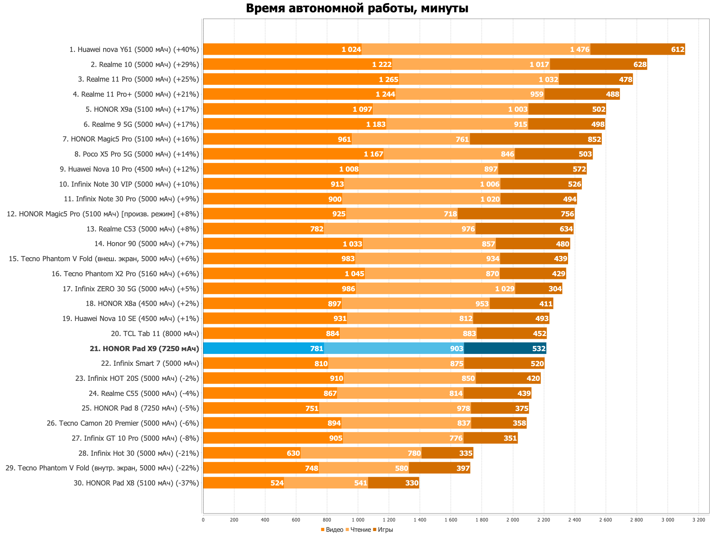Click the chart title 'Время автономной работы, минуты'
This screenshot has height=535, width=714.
click(357, 8)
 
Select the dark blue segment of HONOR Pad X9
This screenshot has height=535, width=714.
click(505, 348)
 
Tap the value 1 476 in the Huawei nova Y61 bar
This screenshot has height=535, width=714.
click(580, 50)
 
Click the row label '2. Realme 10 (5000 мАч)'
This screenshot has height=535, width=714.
click(145, 65)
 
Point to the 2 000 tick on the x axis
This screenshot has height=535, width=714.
click(512, 520)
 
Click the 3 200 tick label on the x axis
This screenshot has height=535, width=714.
click(699, 520)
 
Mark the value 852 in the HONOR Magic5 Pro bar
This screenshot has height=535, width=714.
click(594, 139)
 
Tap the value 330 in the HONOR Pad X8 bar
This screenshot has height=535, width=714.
click(412, 483)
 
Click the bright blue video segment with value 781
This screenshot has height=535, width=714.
click(263, 348)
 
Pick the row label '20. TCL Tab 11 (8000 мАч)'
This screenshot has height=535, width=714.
click(155, 334)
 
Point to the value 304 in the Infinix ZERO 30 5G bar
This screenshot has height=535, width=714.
click(555, 289)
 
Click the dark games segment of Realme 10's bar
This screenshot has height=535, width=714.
click(598, 65)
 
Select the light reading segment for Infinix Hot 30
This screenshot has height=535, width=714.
click(361, 453)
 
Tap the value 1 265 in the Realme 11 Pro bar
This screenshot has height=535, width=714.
click(388, 80)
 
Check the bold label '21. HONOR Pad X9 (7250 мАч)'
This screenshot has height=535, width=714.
click(144, 349)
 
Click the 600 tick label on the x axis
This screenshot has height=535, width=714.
click(296, 520)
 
